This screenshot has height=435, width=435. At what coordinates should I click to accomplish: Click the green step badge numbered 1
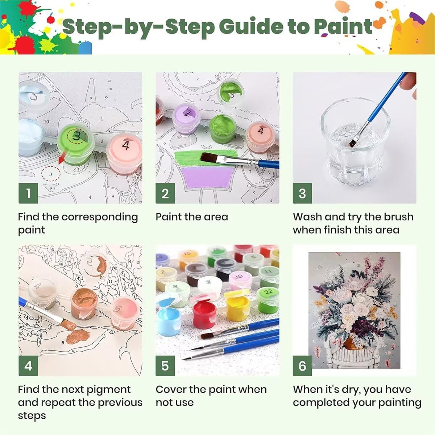tap(28, 193)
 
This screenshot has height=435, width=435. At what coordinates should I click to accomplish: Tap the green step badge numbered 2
tap(165, 193)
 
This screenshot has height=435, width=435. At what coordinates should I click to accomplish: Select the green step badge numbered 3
tap(302, 193)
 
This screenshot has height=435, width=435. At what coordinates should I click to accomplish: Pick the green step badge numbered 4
tap(28, 366)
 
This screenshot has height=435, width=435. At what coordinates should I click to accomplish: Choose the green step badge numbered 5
tap(165, 366)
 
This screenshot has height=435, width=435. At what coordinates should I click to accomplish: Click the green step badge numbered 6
tap(302, 366)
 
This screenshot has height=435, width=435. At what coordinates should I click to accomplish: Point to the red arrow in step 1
tap(62, 158)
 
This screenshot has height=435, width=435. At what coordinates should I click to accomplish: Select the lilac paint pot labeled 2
tap(186, 119)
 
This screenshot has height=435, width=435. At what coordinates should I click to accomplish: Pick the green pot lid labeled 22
tap(268, 293)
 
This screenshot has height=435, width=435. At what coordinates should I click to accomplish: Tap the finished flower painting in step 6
tap(355, 310)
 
